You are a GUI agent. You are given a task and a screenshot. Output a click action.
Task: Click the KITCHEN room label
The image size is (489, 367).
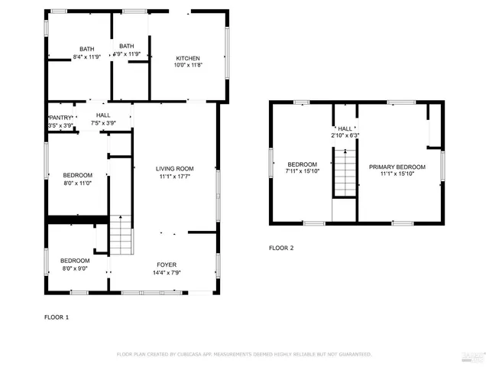pos(188,58)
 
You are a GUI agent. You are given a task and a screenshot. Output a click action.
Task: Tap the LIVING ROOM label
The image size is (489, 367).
pos(175,169)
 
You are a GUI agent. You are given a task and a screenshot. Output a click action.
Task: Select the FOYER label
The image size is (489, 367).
pos(166,265)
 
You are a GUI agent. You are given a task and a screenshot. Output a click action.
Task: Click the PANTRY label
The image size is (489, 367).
pos(60,117)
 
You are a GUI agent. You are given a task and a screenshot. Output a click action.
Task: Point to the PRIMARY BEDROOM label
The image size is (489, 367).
pos(397,167)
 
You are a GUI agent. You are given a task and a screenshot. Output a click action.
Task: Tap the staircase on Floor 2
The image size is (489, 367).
pos(345,172)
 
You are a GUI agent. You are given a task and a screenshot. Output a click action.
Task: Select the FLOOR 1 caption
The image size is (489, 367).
pos(57,317)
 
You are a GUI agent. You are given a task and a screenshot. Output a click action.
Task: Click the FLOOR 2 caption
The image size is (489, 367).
pos(281,248)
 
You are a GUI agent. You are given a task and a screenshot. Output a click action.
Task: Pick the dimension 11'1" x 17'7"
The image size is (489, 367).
pos(175,177)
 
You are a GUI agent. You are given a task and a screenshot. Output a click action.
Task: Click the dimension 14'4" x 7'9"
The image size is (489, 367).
pos(166,273)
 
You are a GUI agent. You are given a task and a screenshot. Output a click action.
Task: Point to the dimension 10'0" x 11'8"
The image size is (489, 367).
pos(188,66)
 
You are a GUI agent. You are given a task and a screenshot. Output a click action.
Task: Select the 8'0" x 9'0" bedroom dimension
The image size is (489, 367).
pos(75,268)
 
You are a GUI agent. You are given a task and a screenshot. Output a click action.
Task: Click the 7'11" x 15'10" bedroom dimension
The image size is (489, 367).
pos(302,172)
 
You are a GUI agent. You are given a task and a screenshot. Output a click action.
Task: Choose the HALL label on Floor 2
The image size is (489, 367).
pos(345,128)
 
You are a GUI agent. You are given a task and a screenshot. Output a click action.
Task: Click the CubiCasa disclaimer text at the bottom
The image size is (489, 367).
pos(244,354)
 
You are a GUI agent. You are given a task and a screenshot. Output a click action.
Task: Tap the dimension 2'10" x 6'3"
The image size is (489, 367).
pos(345,135)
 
